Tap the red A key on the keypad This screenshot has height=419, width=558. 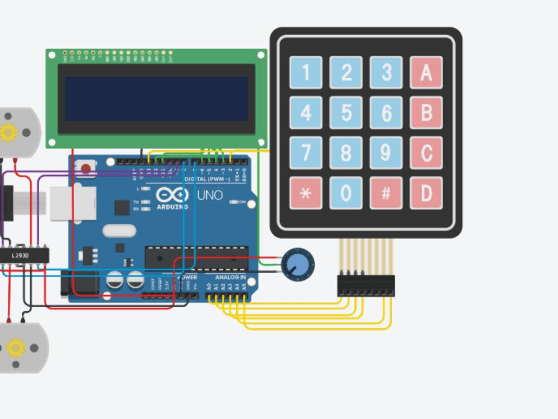pos(426,72)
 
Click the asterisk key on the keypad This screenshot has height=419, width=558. pos(306,193)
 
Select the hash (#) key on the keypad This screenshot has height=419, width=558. pos(386,193)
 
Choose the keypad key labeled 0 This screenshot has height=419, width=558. pos(346,193)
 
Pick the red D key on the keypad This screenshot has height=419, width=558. pos(426,193)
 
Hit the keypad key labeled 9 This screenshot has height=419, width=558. pos(386,153)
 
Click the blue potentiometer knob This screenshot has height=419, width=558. pos(297,265)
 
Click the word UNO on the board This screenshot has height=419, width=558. pos(210,196)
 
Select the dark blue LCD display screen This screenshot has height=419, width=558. pos(156,99)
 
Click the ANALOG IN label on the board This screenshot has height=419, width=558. pos(230,277)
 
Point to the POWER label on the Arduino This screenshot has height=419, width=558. pos(187,277)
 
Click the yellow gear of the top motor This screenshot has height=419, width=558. pos(8,132)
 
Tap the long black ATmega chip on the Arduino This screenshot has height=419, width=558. pos(196,256)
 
